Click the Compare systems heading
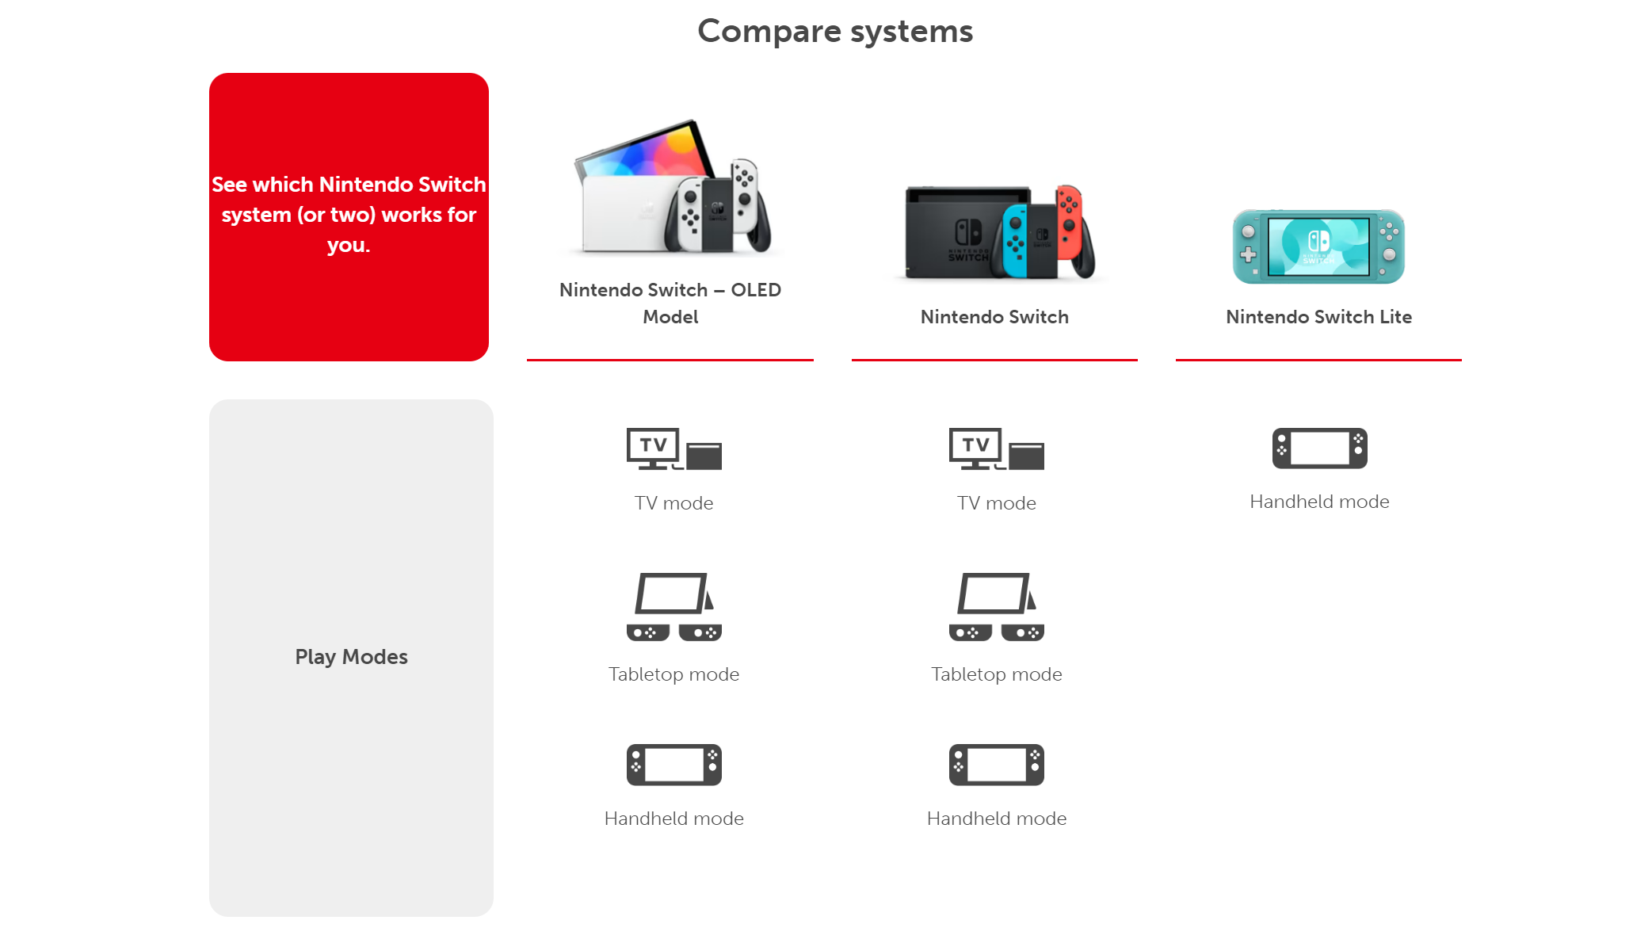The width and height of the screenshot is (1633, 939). [835, 32]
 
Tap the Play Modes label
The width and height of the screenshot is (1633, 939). [351, 657]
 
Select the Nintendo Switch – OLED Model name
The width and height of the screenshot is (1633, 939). [670, 303]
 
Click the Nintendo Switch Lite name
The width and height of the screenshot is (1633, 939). [1318, 317]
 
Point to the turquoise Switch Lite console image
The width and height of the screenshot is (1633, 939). [1318, 246]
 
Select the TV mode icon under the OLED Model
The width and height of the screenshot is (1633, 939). [673, 449]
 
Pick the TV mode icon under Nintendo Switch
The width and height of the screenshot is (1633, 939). [996, 449]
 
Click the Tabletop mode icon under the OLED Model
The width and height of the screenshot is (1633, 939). [673, 607]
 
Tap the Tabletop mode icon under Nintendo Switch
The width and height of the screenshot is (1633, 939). [996, 607]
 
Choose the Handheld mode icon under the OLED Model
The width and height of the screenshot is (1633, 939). [673, 765]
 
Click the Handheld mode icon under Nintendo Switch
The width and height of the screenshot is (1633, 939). [996, 765]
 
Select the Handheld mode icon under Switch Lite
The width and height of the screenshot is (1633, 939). [1319, 449]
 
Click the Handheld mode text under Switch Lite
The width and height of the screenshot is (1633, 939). [1319, 502]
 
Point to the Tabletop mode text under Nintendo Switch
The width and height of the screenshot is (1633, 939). [996, 674]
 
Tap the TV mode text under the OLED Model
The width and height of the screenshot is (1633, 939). [673, 503]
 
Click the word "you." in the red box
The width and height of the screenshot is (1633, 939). [349, 246]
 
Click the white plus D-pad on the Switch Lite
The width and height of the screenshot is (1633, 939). [1248, 255]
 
